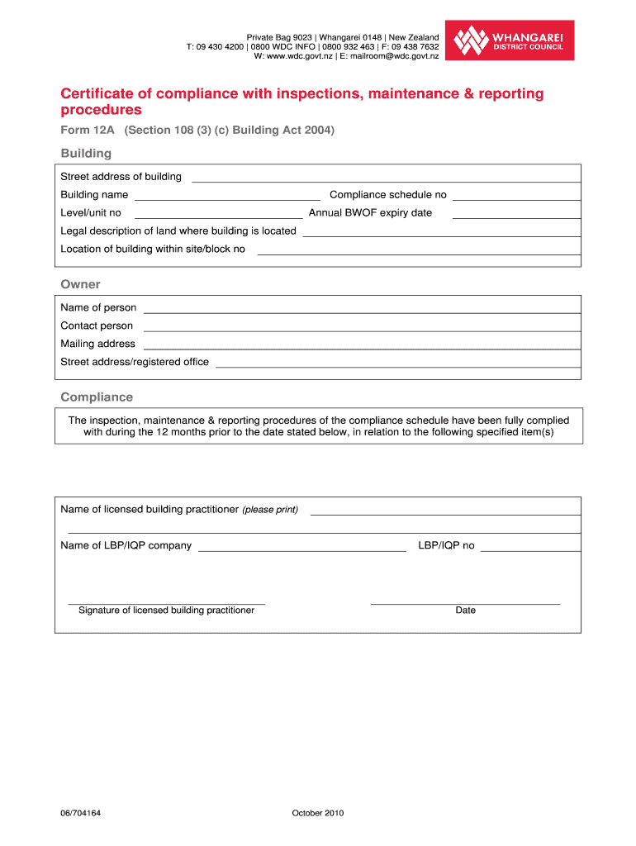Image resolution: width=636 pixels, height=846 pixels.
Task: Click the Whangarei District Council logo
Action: click(510, 40)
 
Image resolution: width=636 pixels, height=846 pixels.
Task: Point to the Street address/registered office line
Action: click(397, 365)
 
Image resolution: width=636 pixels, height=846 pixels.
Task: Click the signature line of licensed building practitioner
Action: click(166, 603)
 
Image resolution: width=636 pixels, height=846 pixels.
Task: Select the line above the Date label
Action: click(465, 603)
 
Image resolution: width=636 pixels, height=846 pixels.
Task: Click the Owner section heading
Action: click(80, 284)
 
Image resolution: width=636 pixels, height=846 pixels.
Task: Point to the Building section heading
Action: click(86, 154)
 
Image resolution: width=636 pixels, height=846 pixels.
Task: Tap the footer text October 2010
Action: click(317, 813)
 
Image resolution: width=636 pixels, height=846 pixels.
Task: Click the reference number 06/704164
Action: click(81, 813)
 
